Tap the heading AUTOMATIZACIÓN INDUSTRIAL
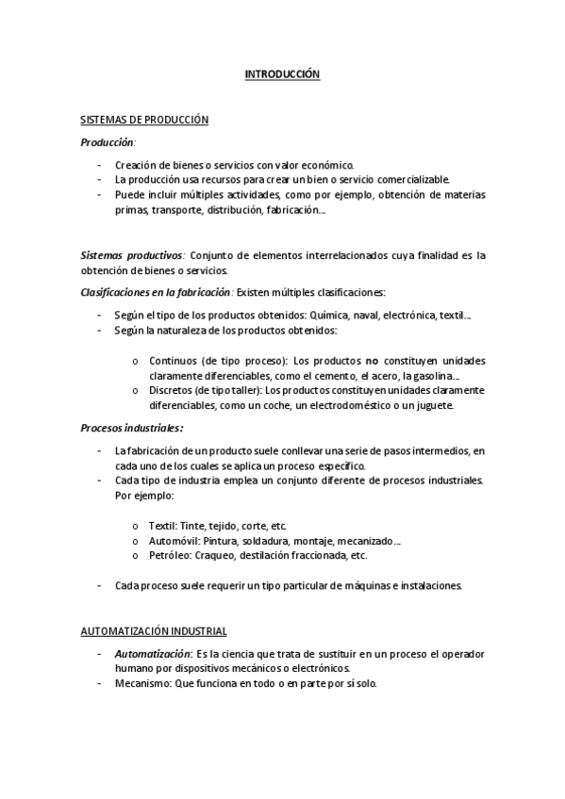(153, 630)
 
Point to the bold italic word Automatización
(151, 653)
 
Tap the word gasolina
(431, 376)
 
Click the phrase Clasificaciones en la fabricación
(155, 292)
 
